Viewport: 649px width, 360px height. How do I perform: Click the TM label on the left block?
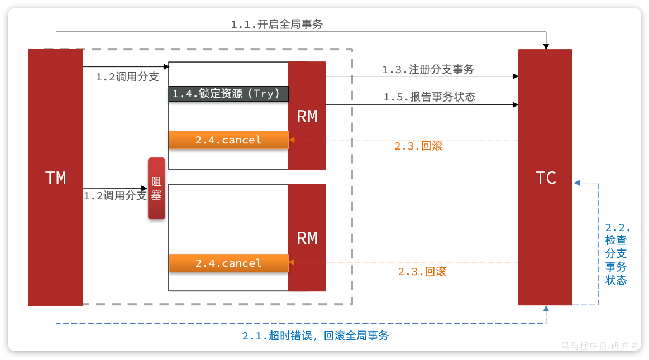coord(55,177)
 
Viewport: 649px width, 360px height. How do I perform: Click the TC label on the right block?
coord(545,177)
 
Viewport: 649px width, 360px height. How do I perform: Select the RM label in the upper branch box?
coord(307,116)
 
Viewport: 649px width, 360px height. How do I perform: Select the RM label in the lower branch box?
coord(307,238)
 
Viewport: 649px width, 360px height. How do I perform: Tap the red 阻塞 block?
coord(156,189)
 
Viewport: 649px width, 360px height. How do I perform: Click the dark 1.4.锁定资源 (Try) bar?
coord(228,94)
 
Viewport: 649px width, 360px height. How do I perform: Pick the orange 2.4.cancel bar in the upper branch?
coord(228,140)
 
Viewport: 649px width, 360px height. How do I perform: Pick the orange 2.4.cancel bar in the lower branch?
coord(228,263)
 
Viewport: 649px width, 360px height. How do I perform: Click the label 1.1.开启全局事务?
coord(277,24)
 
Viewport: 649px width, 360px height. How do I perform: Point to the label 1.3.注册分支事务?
coord(428,69)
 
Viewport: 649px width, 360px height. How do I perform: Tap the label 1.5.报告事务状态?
coord(429,97)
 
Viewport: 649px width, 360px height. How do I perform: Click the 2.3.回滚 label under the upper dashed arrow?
coord(418,146)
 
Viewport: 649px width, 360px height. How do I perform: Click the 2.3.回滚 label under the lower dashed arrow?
coord(422,272)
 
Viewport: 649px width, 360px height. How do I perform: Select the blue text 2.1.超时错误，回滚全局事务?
coord(315,336)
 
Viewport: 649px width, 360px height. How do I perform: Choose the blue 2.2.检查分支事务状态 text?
coord(617,254)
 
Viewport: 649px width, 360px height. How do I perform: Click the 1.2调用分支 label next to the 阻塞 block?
coord(115,196)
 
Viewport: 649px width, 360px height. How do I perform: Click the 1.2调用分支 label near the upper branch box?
coord(127,77)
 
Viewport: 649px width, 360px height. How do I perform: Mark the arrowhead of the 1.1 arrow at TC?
coord(547,46)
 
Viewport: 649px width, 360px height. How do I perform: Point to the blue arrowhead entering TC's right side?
coord(578,183)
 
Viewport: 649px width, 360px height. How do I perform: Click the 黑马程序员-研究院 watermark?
coord(599,346)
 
